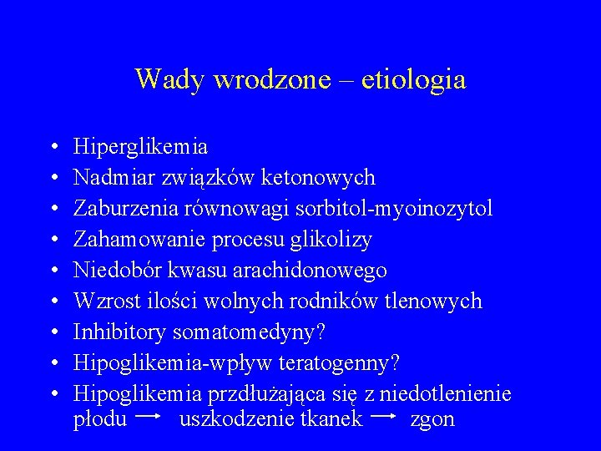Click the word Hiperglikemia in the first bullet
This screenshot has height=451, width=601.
[x=141, y=147]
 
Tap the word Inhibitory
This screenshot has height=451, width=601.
[x=120, y=332]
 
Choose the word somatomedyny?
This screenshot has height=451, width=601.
[x=249, y=332]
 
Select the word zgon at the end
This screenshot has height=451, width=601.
[x=432, y=419]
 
